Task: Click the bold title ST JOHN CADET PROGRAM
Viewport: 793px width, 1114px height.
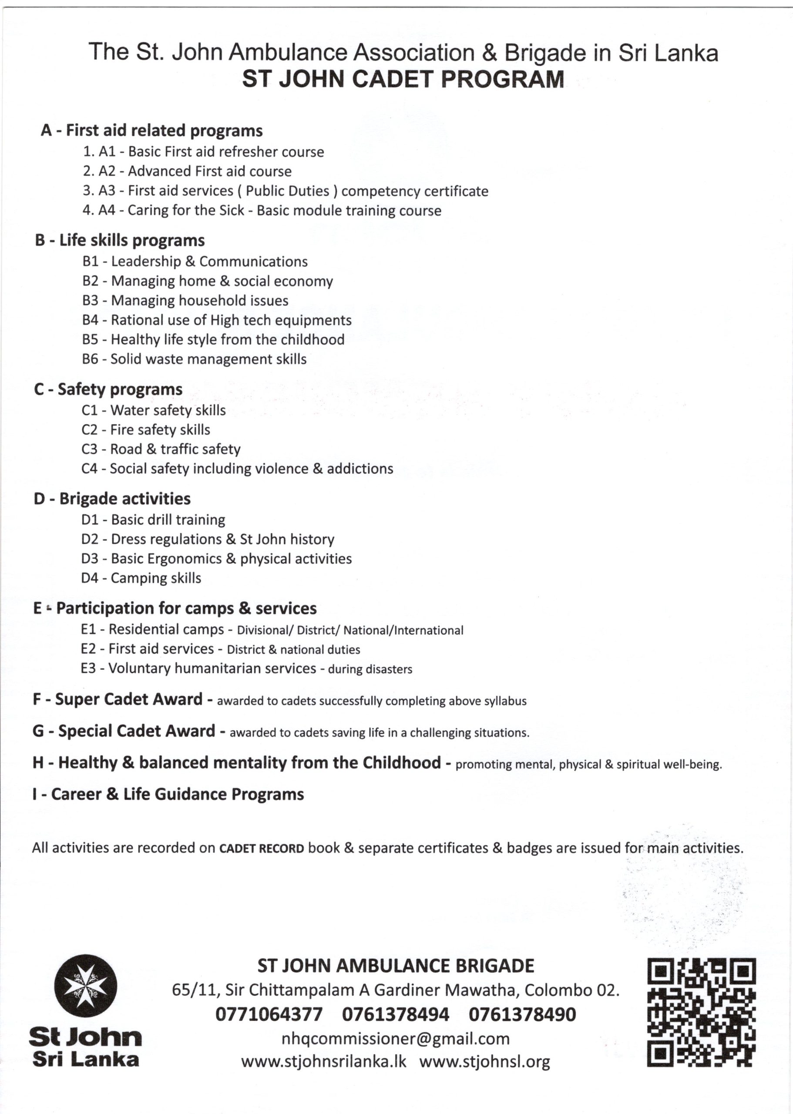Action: coord(403,80)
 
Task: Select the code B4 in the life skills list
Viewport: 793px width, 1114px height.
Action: coord(91,320)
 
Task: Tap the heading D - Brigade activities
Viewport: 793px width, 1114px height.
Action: coord(112,499)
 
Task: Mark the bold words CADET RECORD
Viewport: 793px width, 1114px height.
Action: coord(261,849)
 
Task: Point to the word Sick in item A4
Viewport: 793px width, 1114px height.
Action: coord(232,211)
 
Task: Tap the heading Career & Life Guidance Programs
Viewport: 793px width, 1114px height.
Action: coord(168,794)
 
